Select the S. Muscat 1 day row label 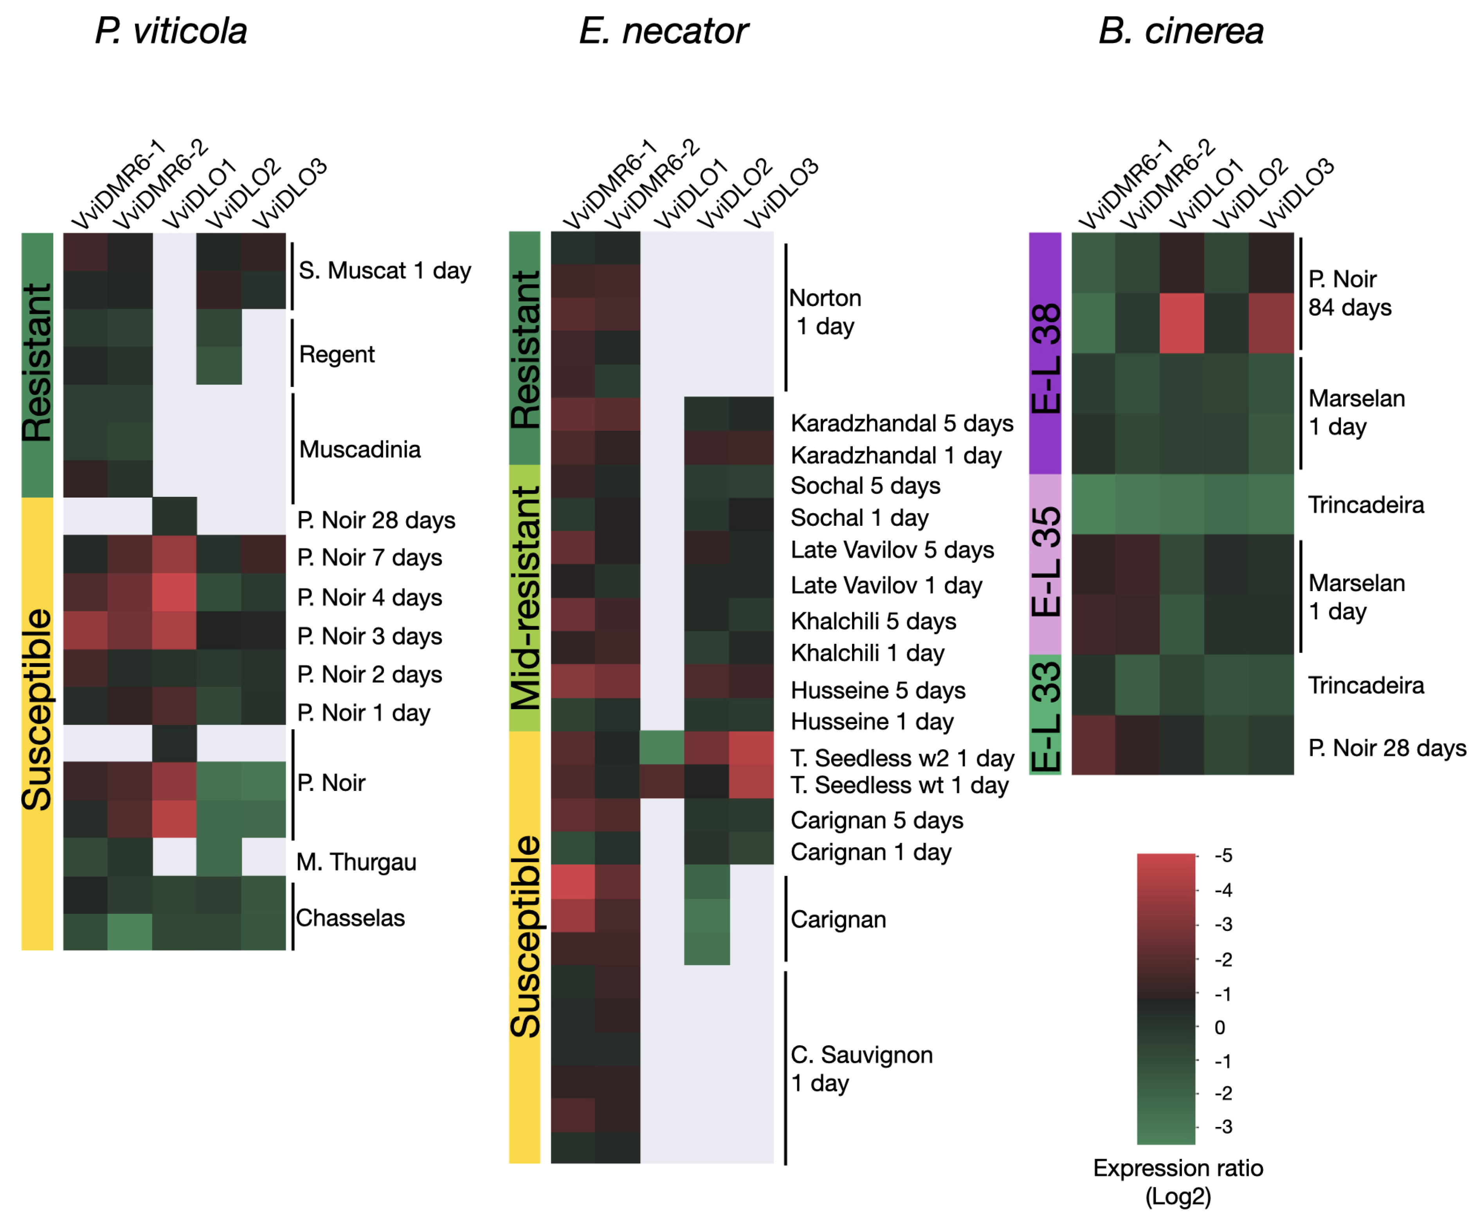(x=385, y=270)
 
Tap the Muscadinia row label (x=360, y=449)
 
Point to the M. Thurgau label (x=357, y=861)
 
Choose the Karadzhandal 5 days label (x=901, y=423)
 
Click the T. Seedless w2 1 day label (x=901, y=758)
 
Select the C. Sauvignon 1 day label (x=861, y=1068)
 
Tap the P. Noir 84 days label (x=1349, y=293)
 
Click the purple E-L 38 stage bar (x=1045, y=353)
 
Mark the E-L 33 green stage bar (x=1045, y=714)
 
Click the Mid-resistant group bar (x=525, y=598)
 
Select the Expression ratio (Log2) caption (x=1178, y=1183)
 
